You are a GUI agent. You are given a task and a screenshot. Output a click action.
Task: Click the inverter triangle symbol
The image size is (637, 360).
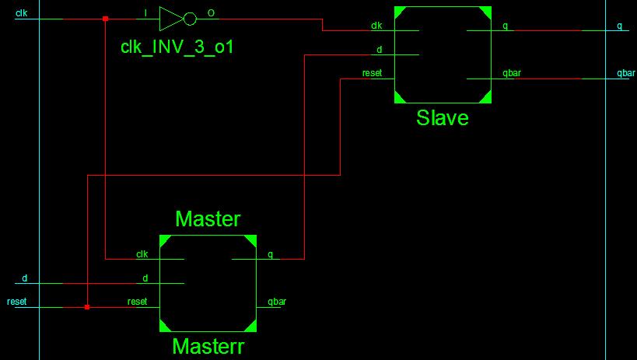tap(170, 19)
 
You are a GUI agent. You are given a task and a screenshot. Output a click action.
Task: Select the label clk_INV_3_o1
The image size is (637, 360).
tap(177, 47)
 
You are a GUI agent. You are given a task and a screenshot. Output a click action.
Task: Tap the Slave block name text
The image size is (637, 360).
tap(442, 117)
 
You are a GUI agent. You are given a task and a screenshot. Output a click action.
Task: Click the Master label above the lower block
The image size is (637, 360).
tap(208, 219)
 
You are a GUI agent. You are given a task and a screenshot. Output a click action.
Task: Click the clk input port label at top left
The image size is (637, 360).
tap(21, 12)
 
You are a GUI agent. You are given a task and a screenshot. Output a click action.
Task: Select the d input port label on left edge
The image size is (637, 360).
tap(24, 278)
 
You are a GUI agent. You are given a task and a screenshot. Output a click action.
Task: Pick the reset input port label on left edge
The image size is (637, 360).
tap(16, 302)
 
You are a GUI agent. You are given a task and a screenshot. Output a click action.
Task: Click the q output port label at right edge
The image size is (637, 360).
tap(619, 26)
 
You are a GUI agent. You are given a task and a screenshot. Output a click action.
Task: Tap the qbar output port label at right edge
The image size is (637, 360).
tap(625, 73)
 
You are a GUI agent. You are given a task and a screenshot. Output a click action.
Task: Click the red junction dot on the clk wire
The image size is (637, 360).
tap(105, 19)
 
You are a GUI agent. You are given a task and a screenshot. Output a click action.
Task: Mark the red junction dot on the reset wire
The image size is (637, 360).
tap(86, 307)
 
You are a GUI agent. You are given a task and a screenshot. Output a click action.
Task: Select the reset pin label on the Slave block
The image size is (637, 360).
tap(372, 73)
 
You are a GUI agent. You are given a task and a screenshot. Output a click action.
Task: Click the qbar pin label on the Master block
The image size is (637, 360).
tap(276, 302)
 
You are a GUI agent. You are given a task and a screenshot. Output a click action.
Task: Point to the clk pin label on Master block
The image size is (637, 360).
tap(142, 253)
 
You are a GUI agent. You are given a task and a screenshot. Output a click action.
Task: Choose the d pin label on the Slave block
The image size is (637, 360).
tap(379, 50)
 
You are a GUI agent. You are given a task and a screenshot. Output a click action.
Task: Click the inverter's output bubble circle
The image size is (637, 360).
tap(190, 19)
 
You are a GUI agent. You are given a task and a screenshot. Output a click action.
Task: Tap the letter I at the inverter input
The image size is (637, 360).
tap(146, 13)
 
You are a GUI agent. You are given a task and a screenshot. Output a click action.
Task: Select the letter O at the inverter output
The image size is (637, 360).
tap(211, 13)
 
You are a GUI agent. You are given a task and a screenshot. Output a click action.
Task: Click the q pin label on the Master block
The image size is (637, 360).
tap(270, 253)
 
